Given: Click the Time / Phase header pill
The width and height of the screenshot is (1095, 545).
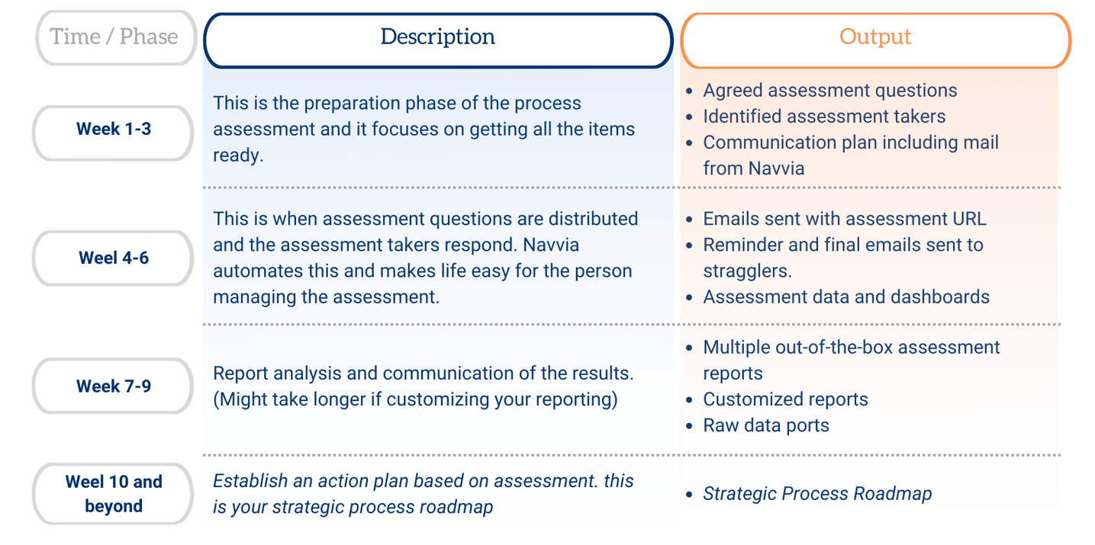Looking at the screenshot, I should point(114,37).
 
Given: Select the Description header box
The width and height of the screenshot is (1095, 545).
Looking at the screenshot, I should point(437,37).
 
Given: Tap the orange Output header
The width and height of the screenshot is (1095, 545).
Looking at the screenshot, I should point(874,37).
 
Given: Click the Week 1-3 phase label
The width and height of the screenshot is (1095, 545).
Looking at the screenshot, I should point(113,130).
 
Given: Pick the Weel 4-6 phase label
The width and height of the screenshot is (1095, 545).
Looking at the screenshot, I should point(113,258).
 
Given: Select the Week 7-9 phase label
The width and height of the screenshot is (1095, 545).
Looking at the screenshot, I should point(113,386).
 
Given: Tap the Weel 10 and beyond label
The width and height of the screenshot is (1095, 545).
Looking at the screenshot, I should point(113,494).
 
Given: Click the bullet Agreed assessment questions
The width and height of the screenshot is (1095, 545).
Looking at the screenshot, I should point(829,90).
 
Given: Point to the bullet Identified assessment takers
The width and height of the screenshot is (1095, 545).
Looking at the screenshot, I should point(823,117).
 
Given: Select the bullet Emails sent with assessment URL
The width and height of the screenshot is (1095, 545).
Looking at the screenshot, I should point(844,219).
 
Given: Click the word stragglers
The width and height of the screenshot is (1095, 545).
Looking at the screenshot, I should point(746,271).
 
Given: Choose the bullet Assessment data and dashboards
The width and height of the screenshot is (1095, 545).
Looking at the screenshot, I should point(845,297).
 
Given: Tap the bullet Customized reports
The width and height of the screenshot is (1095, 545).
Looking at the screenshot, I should point(785,399).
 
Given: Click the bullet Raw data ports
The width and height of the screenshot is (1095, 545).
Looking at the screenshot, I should point(765,425).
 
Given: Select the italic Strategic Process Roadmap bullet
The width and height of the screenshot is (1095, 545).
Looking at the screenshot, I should point(816,494).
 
